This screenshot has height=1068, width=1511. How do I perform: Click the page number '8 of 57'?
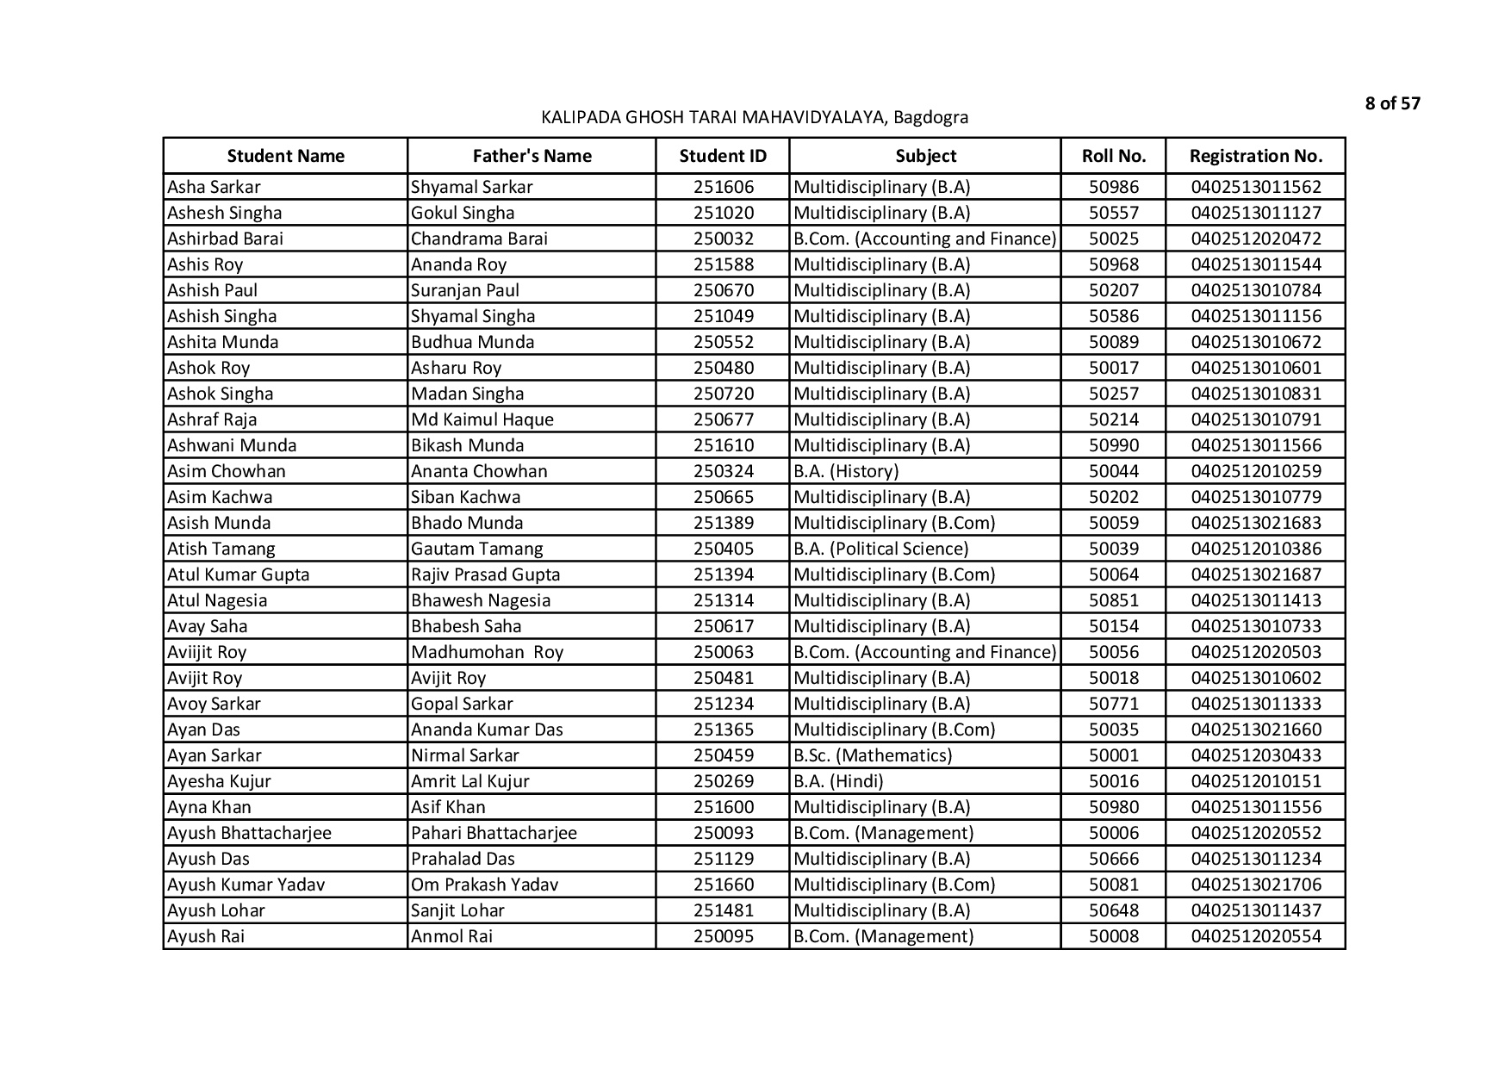click(x=1392, y=104)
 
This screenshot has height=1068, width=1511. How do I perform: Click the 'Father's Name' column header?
click(x=532, y=156)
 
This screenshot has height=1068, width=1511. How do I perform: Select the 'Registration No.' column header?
click(x=1255, y=156)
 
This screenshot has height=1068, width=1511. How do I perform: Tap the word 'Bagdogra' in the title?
click(x=930, y=117)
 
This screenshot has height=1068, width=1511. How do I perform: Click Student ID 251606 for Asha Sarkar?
click(x=723, y=187)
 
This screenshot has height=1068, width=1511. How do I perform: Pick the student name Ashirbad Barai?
click(x=225, y=239)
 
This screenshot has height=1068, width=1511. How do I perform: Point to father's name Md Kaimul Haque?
click(x=482, y=419)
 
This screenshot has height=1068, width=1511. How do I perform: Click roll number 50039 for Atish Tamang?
click(x=1113, y=549)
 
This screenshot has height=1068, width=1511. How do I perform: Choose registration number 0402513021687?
click(x=1255, y=574)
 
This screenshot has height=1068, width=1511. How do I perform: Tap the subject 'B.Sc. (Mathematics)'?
click(x=872, y=755)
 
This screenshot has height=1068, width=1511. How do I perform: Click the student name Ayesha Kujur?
click(x=219, y=781)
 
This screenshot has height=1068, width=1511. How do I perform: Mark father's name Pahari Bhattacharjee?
click(x=494, y=833)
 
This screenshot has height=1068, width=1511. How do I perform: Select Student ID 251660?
click(x=723, y=885)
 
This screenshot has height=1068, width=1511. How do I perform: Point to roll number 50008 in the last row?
click(x=1113, y=936)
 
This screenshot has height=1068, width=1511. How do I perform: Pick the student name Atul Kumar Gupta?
click(x=238, y=574)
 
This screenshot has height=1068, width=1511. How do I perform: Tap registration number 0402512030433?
click(x=1255, y=755)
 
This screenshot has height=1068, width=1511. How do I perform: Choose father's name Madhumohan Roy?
click(x=487, y=652)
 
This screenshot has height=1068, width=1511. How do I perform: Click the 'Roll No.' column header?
click(x=1113, y=156)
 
